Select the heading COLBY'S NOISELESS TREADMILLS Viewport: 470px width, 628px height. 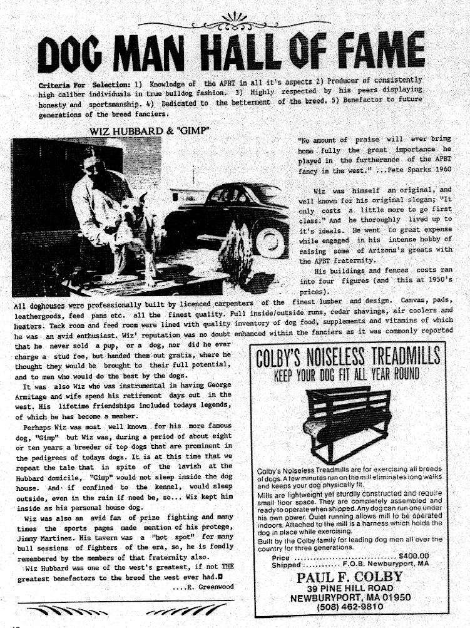pos(349,358)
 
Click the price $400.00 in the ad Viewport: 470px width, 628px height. pos(414,555)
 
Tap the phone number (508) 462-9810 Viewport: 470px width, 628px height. pos(350,607)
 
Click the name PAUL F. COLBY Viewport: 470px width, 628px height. pos(350,576)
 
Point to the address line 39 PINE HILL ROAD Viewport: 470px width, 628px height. pos(350,589)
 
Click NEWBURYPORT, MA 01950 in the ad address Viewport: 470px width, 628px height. pos(350,598)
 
